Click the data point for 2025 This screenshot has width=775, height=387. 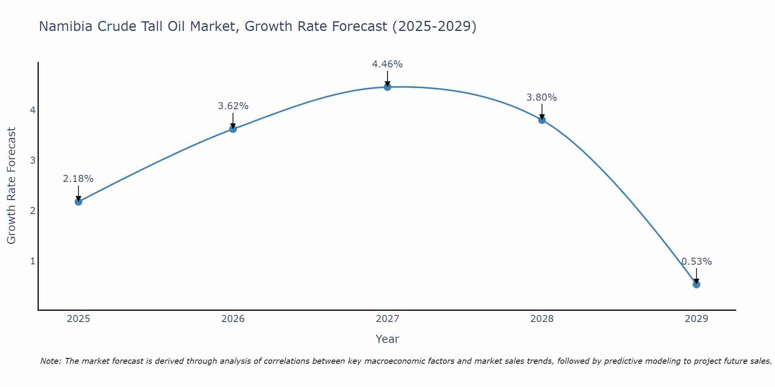click(x=78, y=202)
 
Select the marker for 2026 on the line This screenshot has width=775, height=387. click(x=233, y=129)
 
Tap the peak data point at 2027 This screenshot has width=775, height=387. click(x=387, y=87)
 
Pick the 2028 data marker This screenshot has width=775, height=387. click(x=542, y=120)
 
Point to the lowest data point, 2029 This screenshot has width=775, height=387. click(x=696, y=284)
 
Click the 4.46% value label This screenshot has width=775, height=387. click(x=387, y=64)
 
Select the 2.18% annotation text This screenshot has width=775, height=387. click(x=78, y=179)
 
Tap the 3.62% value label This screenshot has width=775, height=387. click(x=233, y=106)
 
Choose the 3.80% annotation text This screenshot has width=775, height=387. click(x=542, y=98)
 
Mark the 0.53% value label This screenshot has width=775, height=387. click(x=696, y=262)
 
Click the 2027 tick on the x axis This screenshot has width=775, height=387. click(x=387, y=319)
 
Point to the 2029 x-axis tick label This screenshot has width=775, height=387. click(x=696, y=319)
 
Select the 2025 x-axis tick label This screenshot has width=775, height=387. click(x=78, y=319)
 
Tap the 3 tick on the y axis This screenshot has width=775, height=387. click(x=33, y=160)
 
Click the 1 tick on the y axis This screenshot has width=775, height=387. click(x=33, y=261)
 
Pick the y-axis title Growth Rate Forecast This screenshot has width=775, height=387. click(x=12, y=186)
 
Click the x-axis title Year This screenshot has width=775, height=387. click(x=387, y=339)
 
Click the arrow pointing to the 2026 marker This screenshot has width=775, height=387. click(x=233, y=120)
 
